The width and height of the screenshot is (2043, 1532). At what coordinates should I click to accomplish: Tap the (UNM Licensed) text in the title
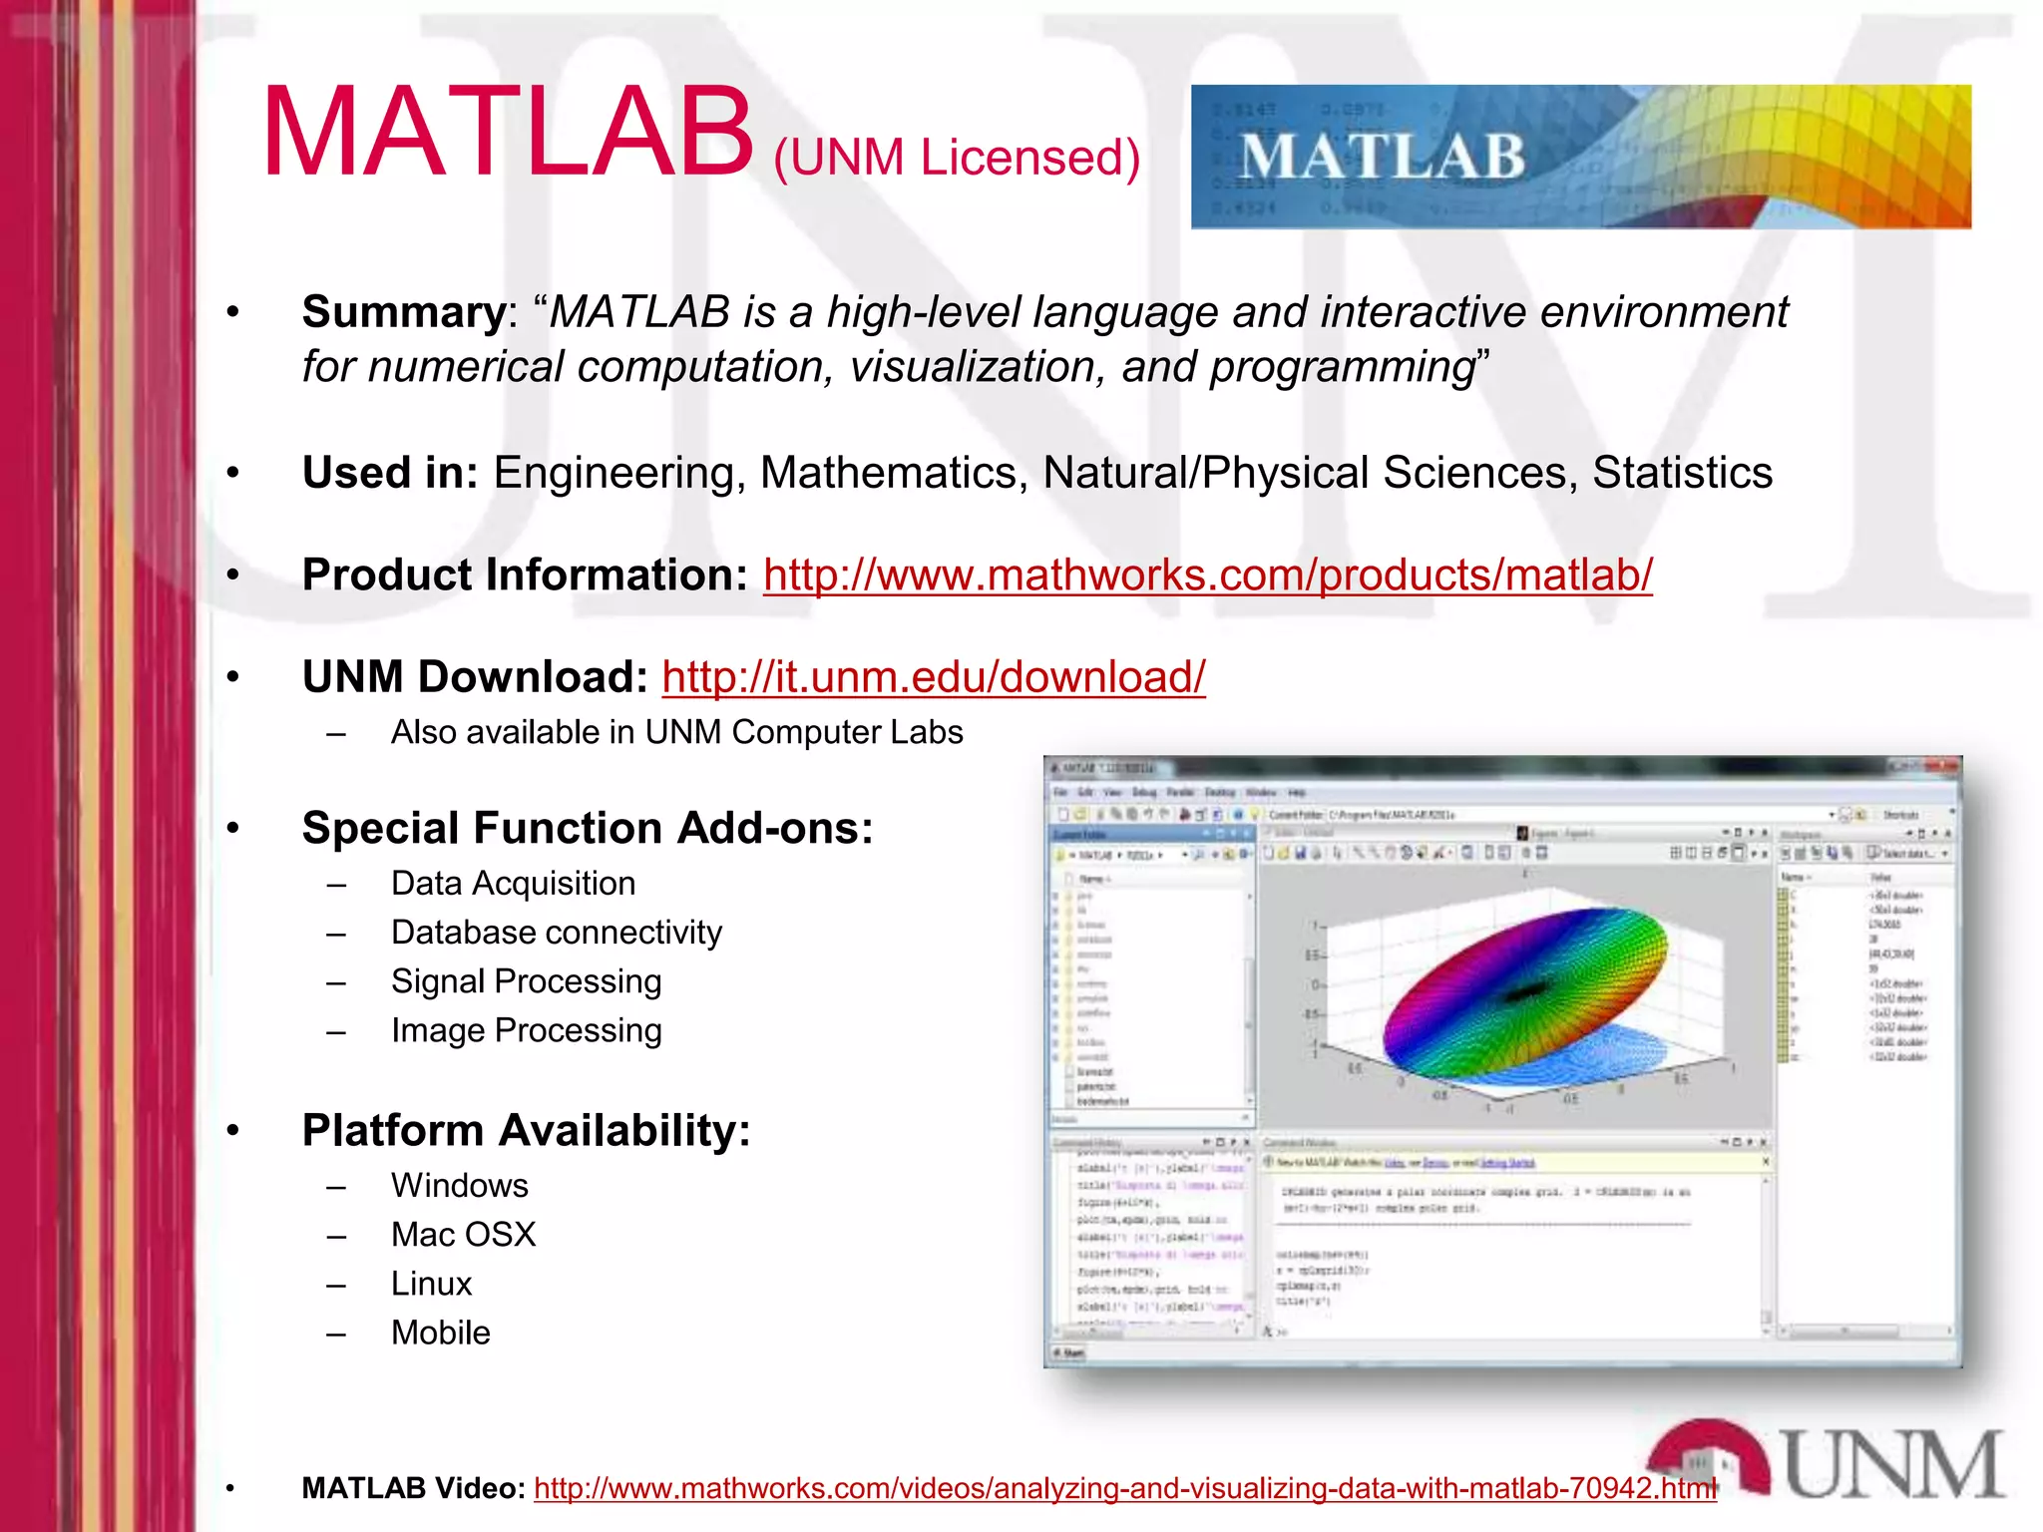956,158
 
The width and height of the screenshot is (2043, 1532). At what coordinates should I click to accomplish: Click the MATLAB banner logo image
1580,158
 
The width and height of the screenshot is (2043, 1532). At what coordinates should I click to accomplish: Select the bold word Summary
404,312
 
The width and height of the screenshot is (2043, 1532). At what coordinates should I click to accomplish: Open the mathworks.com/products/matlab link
1207,574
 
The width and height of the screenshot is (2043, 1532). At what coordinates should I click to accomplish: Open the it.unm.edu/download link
933,676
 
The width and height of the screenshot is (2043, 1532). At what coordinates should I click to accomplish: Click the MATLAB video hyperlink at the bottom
1124,1488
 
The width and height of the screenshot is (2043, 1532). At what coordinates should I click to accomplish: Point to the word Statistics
1682,473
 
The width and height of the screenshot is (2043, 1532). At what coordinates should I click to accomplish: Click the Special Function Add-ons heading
587,828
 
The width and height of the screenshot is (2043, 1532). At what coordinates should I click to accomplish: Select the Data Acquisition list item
513,884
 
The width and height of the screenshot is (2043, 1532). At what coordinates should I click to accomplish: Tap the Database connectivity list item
556,933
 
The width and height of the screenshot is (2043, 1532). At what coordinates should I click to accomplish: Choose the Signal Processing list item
526,981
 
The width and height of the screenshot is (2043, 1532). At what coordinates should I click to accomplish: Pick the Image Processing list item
526,1030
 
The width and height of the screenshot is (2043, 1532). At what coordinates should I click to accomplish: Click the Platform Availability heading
526,1130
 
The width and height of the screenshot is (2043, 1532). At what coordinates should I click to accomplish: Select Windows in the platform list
459,1185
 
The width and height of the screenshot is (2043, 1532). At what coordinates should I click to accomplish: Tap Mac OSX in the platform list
463,1235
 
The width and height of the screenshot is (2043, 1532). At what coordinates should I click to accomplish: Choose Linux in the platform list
431,1284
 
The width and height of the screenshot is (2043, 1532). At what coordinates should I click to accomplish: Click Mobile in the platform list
440,1333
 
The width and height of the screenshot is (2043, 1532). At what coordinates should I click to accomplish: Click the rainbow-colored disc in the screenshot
1524,992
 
